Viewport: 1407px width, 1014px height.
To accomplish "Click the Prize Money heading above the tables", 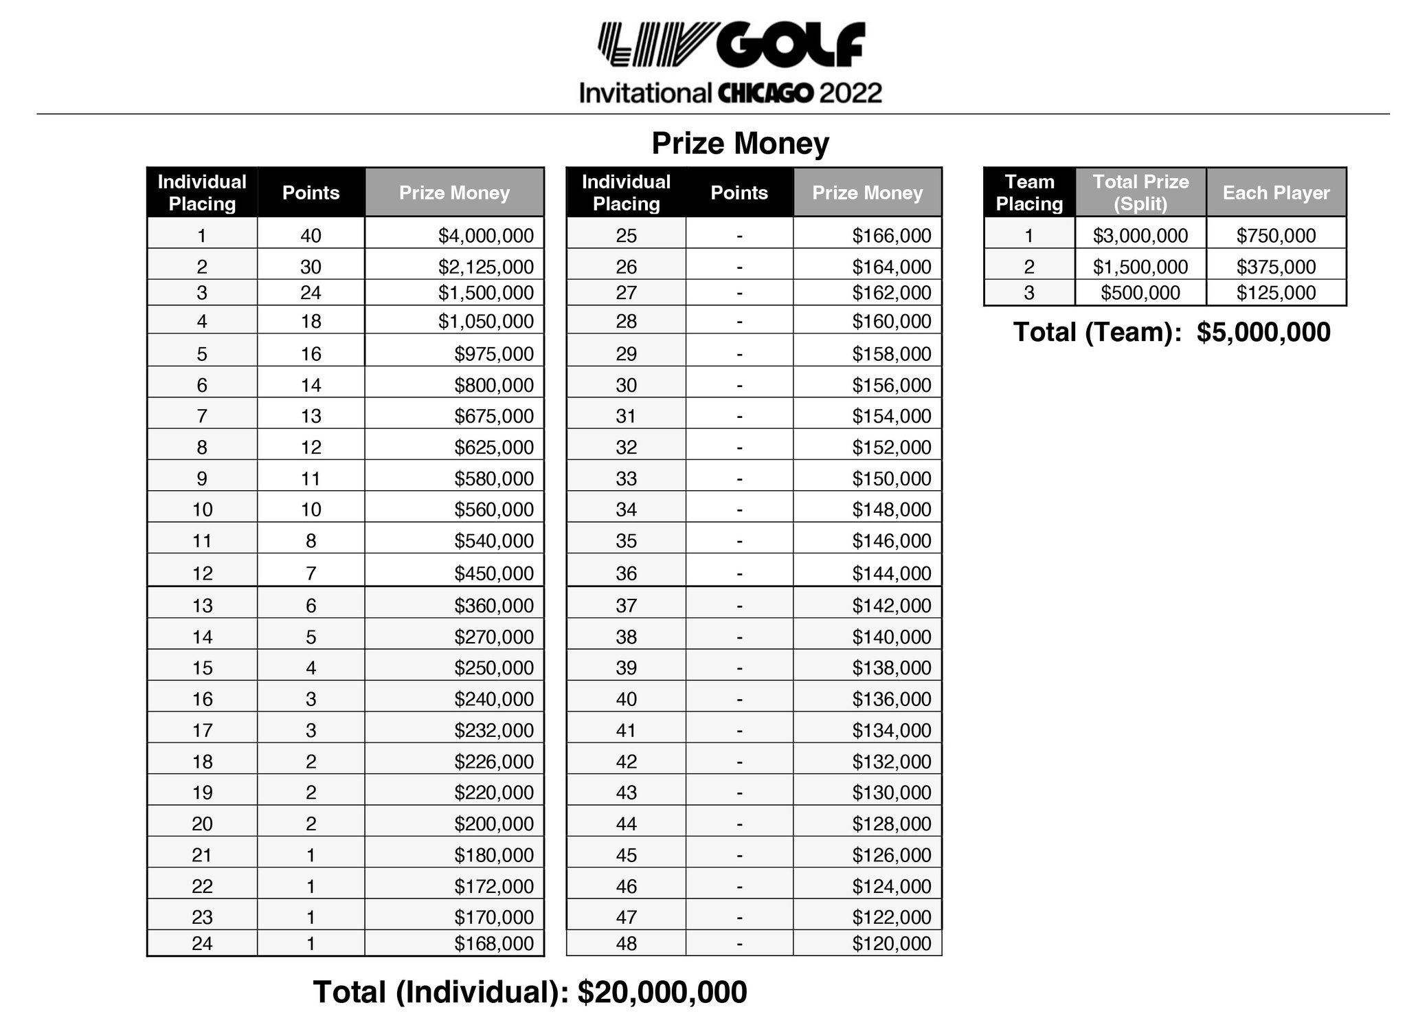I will [x=740, y=144].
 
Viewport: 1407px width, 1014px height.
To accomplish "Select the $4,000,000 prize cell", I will [x=486, y=236].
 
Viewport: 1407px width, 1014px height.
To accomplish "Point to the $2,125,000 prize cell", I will [x=486, y=267].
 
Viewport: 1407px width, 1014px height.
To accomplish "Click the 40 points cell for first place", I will [x=311, y=236].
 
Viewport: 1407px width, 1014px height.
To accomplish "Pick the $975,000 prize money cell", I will [x=493, y=354].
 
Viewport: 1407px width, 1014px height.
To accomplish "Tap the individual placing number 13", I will [x=202, y=606].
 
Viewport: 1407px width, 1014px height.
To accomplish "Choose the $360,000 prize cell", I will [x=493, y=606].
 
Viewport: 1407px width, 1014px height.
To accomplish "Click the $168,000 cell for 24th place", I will [x=493, y=943].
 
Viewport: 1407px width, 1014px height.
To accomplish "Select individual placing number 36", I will [x=626, y=573].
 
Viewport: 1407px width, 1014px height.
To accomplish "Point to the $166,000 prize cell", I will [x=891, y=236].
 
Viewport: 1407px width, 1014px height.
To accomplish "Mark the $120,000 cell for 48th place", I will [x=891, y=943].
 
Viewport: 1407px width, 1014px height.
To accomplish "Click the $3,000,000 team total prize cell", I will [x=1140, y=236].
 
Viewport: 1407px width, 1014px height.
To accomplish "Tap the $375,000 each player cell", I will [x=1276, y=267].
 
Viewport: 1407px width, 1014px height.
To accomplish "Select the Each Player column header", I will [x=1276, y=192].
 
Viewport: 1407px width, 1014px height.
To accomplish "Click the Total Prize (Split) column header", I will [x=1140, y=192].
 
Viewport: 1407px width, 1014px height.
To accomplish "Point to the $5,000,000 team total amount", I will [x=1263, y=333].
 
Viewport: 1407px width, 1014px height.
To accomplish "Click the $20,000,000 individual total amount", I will [x=662, y=992].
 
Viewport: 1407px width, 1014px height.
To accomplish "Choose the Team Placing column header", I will [x=1029, y=192].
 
